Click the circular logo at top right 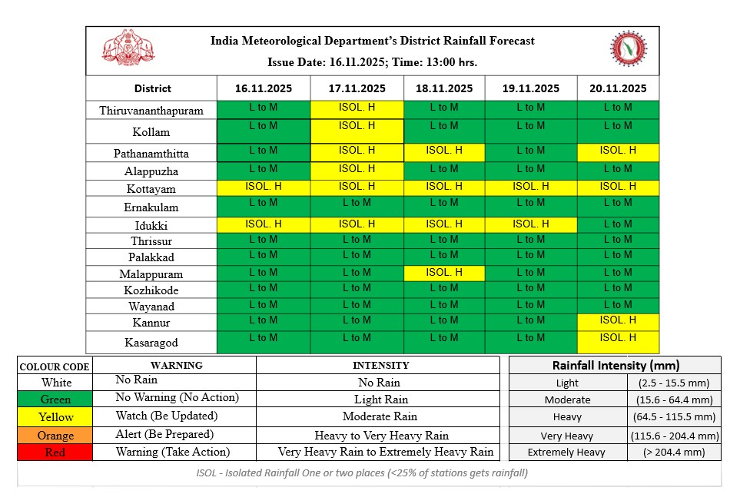coord(628,50)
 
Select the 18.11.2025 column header coord(443,88)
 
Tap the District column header coord(152,88)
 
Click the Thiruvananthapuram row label coord(151,111)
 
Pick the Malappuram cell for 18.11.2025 coord(443,273)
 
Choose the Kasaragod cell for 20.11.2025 coord(617,342)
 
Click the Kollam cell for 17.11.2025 coord(357,131)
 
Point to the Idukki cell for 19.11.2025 coord(530,224)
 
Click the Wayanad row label coord(151,307)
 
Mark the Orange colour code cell coord(55,435)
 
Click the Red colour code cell coord(55,453)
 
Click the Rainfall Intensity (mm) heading coord(616,366)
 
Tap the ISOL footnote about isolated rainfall coord(361,472)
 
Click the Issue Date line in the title coord(373,62)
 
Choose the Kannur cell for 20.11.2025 coord(617,321)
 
